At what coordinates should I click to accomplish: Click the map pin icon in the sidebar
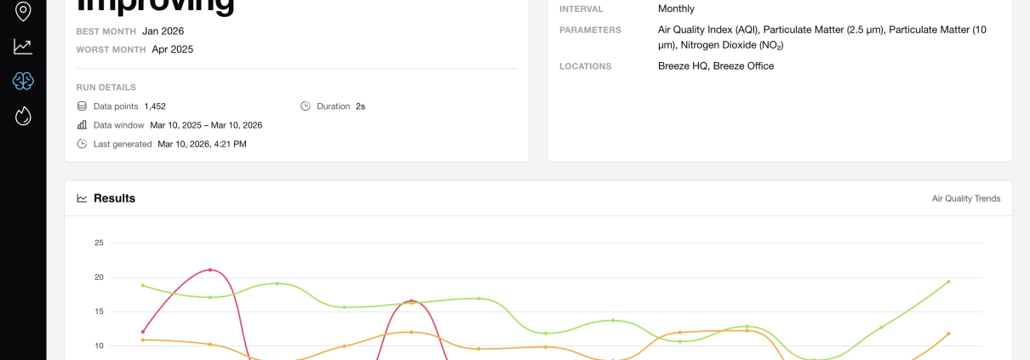pos(23,11)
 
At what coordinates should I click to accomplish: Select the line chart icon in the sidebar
pos(23,47)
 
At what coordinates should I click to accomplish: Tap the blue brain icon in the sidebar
pos(23,81)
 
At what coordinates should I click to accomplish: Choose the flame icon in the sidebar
pos(23,116)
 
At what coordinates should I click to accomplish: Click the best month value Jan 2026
pos(163,31)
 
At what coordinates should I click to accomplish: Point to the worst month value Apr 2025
pos(172,49)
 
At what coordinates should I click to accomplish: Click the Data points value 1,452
pos(155,106)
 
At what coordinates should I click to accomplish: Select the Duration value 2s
pos(360,106)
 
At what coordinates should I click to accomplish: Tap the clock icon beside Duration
pos(306,106)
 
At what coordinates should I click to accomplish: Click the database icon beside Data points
pos(82,106)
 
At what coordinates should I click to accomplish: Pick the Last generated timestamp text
pos(202,144)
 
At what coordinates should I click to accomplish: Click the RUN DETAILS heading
pos(106,87)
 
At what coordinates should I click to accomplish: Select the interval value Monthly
pos(676,9)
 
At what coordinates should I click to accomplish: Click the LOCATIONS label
pos(585,66)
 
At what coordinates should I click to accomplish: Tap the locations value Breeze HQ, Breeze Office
pos(716,66)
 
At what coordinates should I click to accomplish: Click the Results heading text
pos(114,198)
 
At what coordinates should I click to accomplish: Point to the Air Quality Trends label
pos(966,199)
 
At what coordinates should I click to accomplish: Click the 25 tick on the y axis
pos(99,243)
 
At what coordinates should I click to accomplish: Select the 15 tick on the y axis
pos(99,311)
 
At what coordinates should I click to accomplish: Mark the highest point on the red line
pos(209,270)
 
